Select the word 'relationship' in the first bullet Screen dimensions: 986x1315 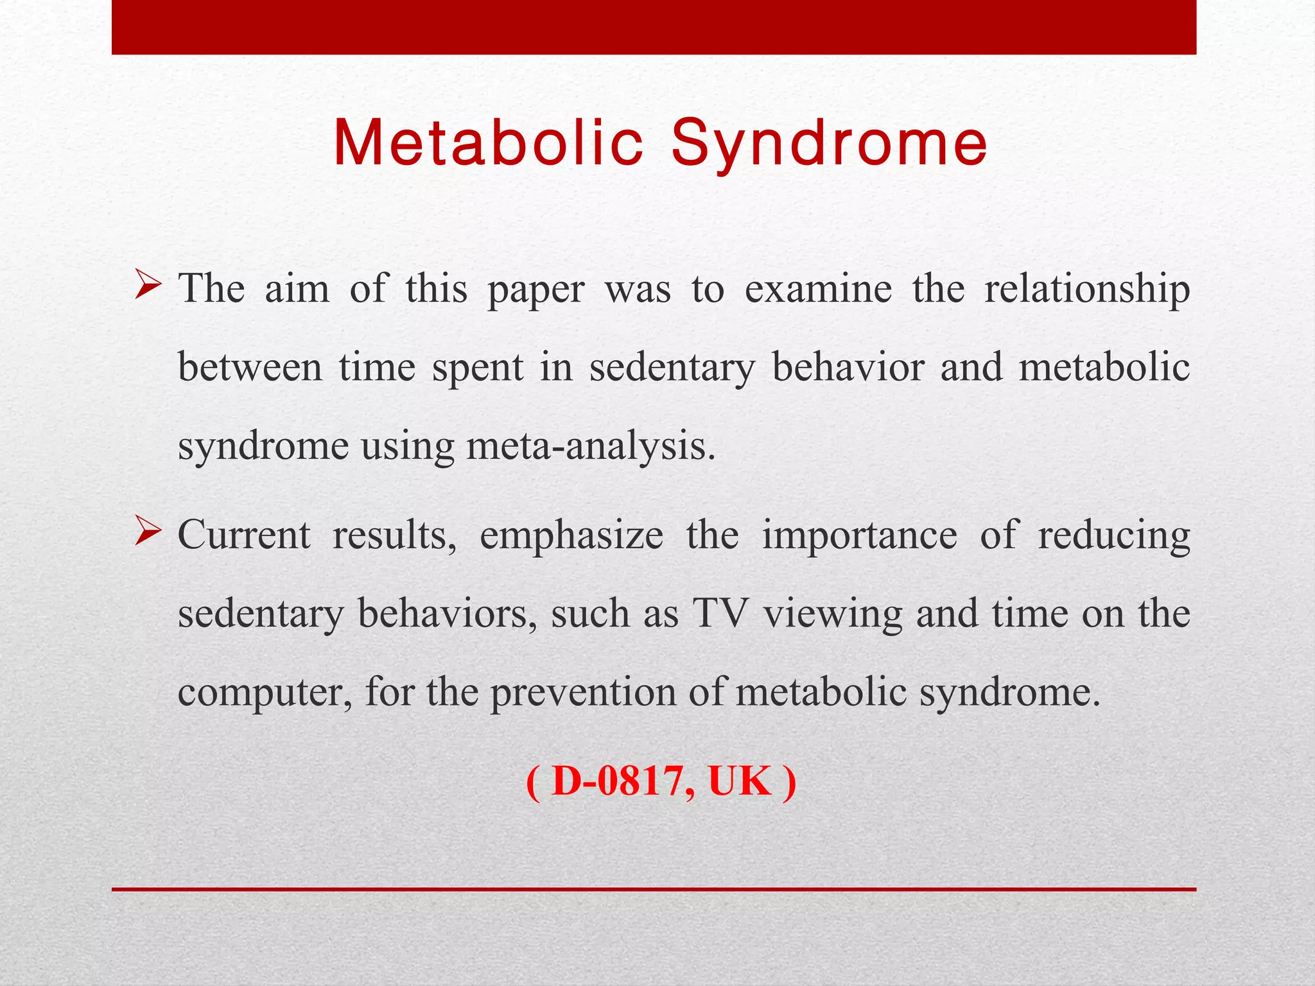1087,289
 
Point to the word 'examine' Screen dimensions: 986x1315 818,289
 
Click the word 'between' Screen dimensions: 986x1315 250,368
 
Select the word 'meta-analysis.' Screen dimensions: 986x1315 591,447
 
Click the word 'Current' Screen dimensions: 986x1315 244,535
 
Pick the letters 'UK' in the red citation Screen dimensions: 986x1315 740,782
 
